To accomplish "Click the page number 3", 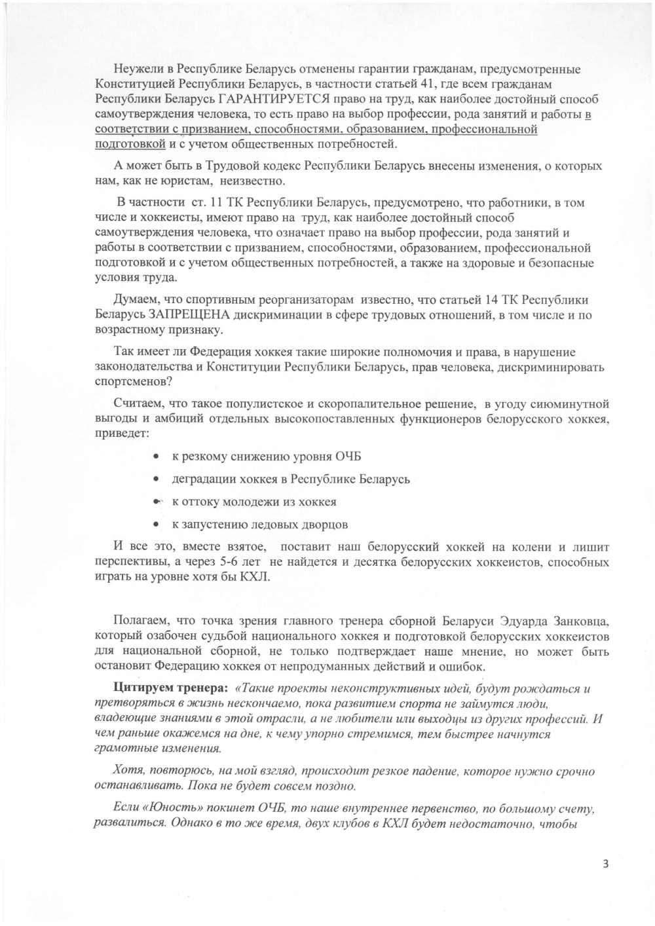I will (x=605, y=863).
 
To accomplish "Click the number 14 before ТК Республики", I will (x=491, y=300).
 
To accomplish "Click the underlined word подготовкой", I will (x=130, y=144).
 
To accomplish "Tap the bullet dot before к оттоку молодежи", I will (x=156, y=502).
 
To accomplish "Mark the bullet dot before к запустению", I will (x=156, y=525).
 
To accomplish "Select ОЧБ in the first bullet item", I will (x=348, y=456).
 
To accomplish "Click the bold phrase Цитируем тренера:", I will (x=170, y=688).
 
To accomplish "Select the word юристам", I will (x=187, y=181).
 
